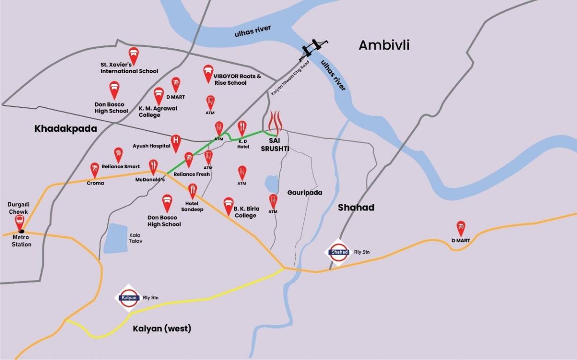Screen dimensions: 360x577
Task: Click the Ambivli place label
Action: (384, 45)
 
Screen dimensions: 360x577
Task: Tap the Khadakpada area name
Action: (66, 128)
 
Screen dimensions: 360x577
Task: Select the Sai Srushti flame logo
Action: (275, 122)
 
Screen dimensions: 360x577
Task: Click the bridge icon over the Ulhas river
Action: (313, 48)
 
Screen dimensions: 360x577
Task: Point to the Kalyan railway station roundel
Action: (128, 298)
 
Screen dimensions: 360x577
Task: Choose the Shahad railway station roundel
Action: (339, 252)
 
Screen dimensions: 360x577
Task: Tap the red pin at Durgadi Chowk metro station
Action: (20, 222)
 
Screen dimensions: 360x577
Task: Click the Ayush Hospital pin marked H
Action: (176, 142)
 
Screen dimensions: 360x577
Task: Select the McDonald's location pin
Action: (153, 166)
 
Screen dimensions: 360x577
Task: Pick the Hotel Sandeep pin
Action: (192, 190)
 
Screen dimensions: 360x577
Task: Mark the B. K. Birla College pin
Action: (228, 204)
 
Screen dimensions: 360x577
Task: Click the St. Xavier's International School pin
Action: (134, 55)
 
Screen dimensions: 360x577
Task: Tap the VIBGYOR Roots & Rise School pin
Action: (208, 73)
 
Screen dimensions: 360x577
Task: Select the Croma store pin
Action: (95, 170)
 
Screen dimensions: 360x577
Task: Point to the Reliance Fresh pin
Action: (188, 159)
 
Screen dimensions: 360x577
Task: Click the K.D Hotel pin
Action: (242, 127)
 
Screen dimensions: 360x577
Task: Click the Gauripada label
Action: (305, 193)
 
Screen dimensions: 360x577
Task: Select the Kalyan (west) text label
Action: (162, 328)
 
